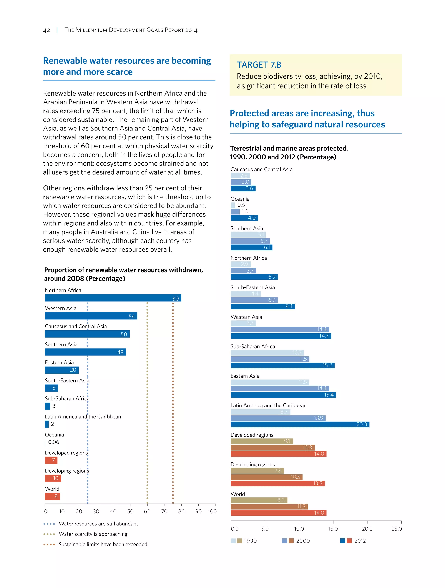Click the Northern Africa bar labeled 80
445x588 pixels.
coord(113,298)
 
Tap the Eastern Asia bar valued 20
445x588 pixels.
coord(62,370)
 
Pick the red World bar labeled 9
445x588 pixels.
coord(52,496)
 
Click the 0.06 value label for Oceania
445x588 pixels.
coord(54,442)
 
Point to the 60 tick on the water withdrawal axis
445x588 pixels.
coord(147,511)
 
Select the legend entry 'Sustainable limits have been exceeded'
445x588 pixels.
coord(103,544)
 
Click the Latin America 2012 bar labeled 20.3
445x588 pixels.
coord(300,424)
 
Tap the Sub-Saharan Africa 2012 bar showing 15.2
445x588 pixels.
coord(282,365)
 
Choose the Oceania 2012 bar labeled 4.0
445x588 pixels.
coord(244,218)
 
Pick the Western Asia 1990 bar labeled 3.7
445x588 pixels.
coord(243,323)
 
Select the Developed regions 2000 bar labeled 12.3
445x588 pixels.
coord(273,448)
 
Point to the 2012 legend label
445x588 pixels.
coord(360,541)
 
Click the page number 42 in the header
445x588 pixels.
coord(46,30)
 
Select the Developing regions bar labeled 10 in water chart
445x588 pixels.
coord(53,478)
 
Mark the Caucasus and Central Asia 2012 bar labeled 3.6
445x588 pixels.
coord(243,188)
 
